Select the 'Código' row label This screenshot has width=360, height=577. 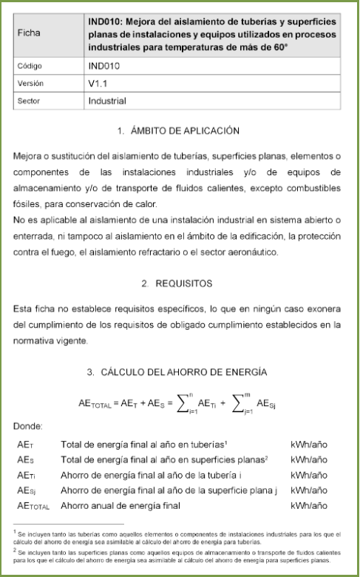[x=31, y=66]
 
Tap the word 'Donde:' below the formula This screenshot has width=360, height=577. [x=29, y=426]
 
